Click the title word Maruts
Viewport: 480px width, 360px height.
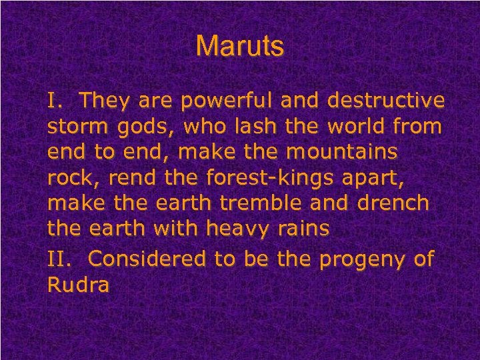coord(240,47)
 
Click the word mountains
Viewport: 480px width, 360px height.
coord(342,153)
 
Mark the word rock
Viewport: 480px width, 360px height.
coord(69,178)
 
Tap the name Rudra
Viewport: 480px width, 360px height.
coord(79,284)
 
